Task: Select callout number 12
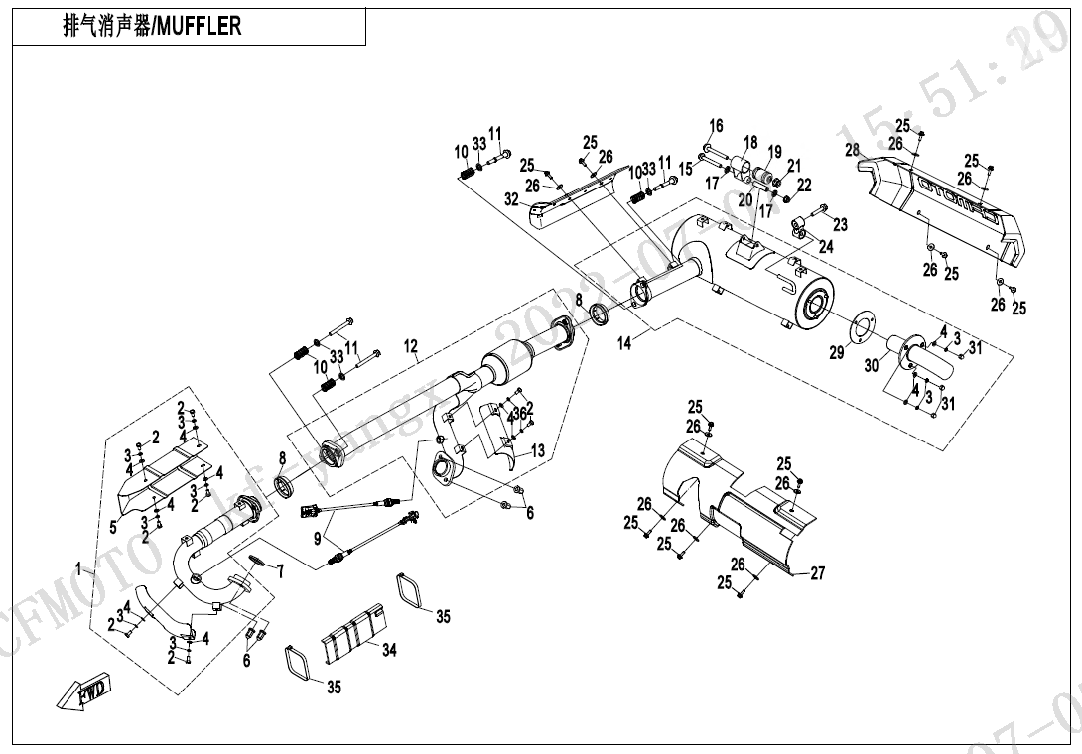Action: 411,347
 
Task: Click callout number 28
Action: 851,150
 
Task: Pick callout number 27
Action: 817,573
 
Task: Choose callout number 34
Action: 389,650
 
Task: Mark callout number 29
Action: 837,352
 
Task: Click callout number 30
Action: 872,366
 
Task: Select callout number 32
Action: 511,198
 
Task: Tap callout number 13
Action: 538,451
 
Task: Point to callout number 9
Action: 318,540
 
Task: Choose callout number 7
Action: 281,571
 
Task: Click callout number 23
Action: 840,225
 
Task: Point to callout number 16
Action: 716,126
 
